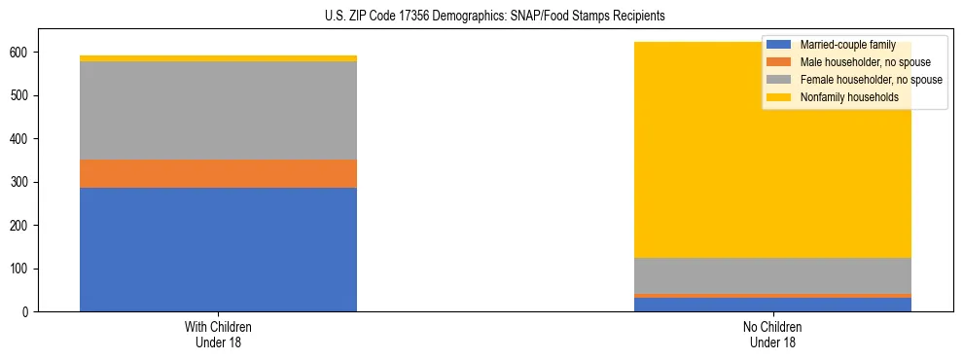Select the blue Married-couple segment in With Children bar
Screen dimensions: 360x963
[x=218, y=249]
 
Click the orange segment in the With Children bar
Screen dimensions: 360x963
[x=218, y=173]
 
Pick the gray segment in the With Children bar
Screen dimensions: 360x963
[x=218, y=110]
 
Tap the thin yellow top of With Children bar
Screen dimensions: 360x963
[x=218, y=58]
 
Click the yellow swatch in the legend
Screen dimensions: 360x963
[x=779, y=97]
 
